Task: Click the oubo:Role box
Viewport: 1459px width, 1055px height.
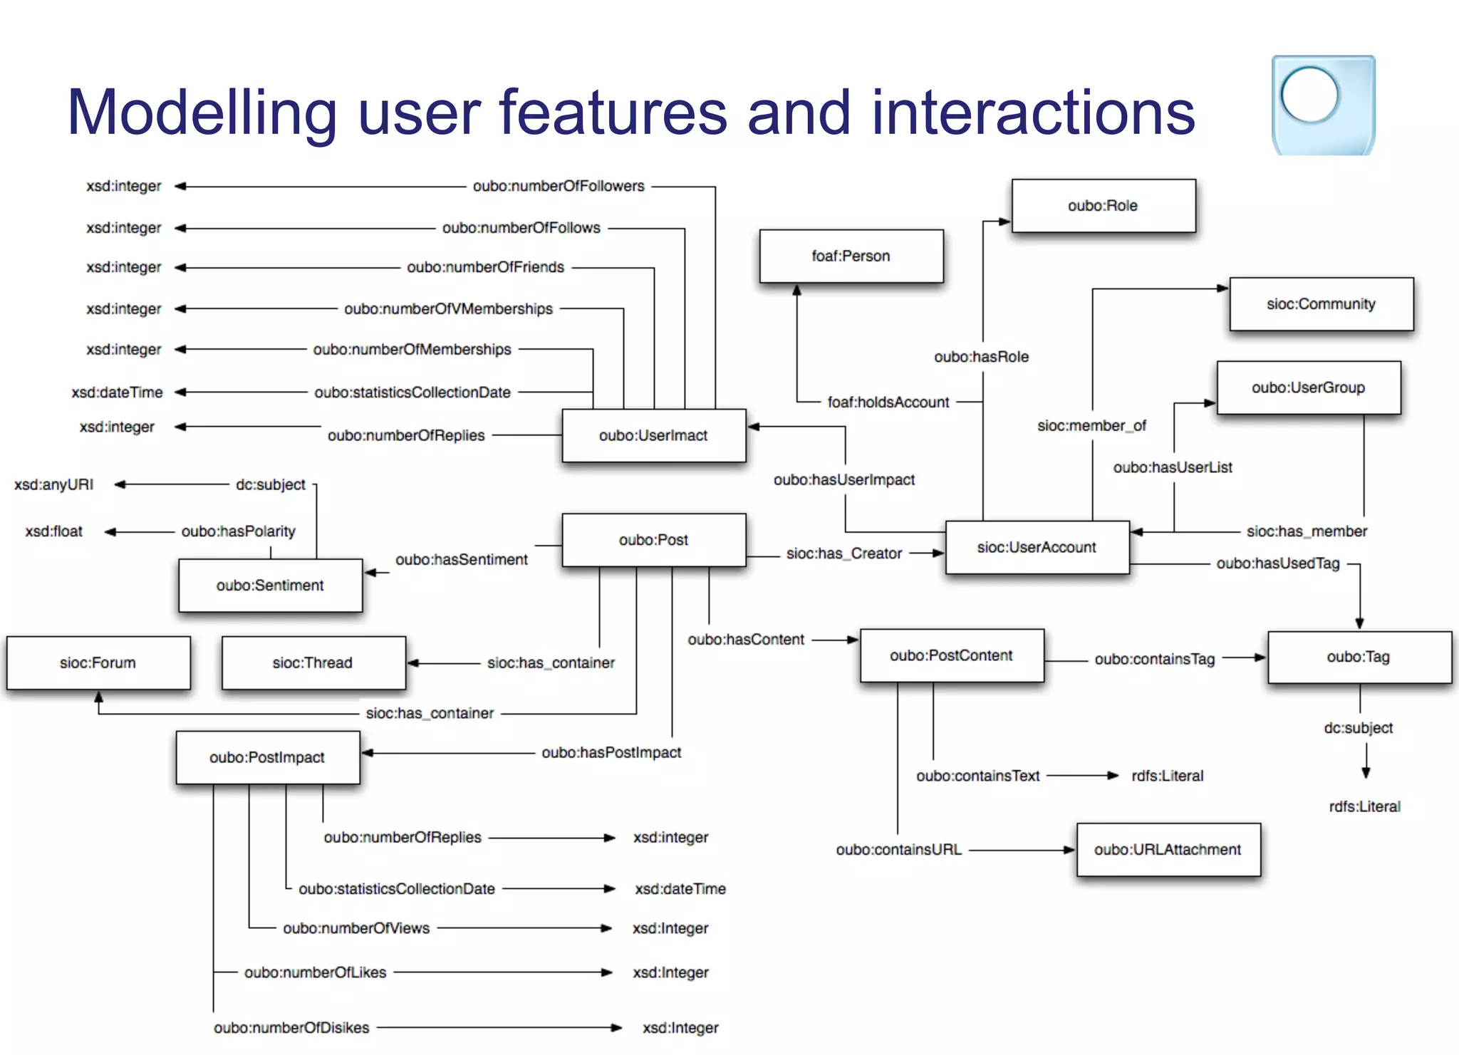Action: click(1103, 206)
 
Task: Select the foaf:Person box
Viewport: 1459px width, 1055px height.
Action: click(851, 256)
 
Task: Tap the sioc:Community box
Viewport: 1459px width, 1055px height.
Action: click(1321, 304)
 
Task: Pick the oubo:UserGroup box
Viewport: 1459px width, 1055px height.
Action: click(1308, 388)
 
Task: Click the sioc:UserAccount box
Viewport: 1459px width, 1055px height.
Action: click(1037, 547)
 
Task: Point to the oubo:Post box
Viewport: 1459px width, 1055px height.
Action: click(653, 540)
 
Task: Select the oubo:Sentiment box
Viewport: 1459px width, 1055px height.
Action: click(270, 585)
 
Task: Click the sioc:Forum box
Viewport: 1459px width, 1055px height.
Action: click(98, 662)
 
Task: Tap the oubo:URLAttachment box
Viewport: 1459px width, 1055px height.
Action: click(1168, 849)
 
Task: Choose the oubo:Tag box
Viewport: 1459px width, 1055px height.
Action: click(1359, 657)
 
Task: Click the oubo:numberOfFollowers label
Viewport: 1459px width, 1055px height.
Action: click(559, 186)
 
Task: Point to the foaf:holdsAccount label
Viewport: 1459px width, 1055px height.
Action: click(888, 402)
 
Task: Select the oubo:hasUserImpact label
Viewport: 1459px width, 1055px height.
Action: click(843, 480)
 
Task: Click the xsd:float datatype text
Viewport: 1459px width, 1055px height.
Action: click(54, 531)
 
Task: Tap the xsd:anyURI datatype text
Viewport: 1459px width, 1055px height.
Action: click(54, 484)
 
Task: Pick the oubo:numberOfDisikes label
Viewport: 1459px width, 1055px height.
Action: click(291, 1027)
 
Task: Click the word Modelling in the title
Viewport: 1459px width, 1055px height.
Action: click(202, 113)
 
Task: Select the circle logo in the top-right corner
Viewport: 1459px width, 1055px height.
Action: click(1309, 95)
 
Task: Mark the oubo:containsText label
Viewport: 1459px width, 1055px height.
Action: click(977, 776)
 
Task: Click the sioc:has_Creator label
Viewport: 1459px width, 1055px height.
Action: click(843, 554)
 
